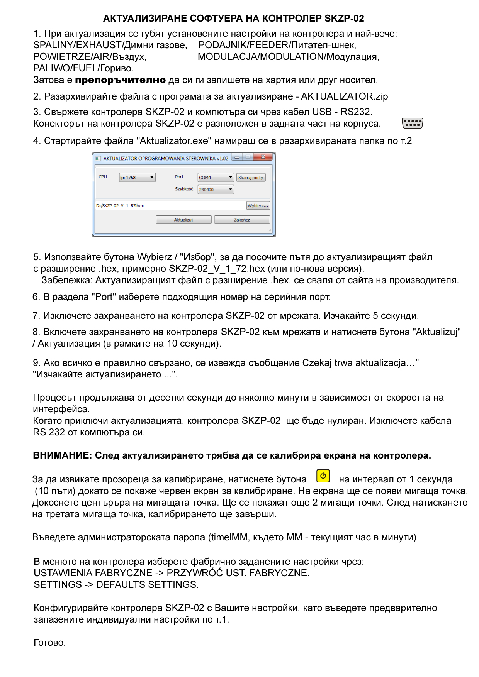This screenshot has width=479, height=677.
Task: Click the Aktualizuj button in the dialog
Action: point(183,220)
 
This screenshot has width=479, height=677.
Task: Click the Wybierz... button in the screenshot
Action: point(258,206)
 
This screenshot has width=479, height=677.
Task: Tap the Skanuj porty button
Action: point(251,178)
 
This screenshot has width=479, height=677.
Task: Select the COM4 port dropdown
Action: point(216,178)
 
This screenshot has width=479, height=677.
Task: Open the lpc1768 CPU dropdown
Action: point(137,178)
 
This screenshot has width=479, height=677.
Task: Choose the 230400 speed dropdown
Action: point(216,190)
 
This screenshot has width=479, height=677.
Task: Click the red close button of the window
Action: point(263,157)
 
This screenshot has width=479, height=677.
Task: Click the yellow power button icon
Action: point(323,476)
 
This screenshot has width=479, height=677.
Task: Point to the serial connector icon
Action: point(412,123)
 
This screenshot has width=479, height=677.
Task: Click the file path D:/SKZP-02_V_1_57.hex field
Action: point(170,206)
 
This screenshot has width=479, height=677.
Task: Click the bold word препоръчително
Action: point(120,80)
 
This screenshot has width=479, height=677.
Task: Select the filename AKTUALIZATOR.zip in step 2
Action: point(344,96)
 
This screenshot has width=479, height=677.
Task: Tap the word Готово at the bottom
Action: point(49,643)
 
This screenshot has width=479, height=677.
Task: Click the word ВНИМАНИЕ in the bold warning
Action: point(62,455)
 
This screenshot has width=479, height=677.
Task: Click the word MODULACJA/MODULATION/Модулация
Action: point(288,57)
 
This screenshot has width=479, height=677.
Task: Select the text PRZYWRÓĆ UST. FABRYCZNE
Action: point(238,573)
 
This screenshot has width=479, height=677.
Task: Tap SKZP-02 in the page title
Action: point(344,19)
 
